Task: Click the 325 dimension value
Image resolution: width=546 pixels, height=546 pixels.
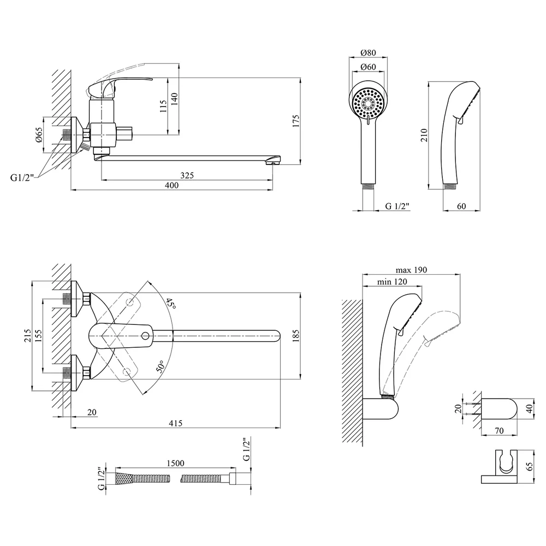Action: (x=187, y=175)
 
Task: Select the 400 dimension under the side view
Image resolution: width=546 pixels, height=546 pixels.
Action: (x=171, y=185)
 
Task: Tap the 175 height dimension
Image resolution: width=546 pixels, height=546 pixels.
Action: (x=295, y=121)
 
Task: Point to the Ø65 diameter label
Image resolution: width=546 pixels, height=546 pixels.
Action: (x=38, y=135)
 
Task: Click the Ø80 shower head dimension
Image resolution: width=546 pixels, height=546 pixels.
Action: (x=369, y=52)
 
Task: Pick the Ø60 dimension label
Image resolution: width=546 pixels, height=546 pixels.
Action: (x=369, y=67)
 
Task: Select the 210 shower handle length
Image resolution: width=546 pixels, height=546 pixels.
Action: (x=424, y=135)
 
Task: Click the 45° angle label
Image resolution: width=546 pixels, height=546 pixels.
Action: (x=170, y=304)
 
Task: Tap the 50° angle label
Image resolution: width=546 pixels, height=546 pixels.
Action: (x=161, y=367)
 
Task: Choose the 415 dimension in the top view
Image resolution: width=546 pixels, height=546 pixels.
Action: (x=175, y=423)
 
